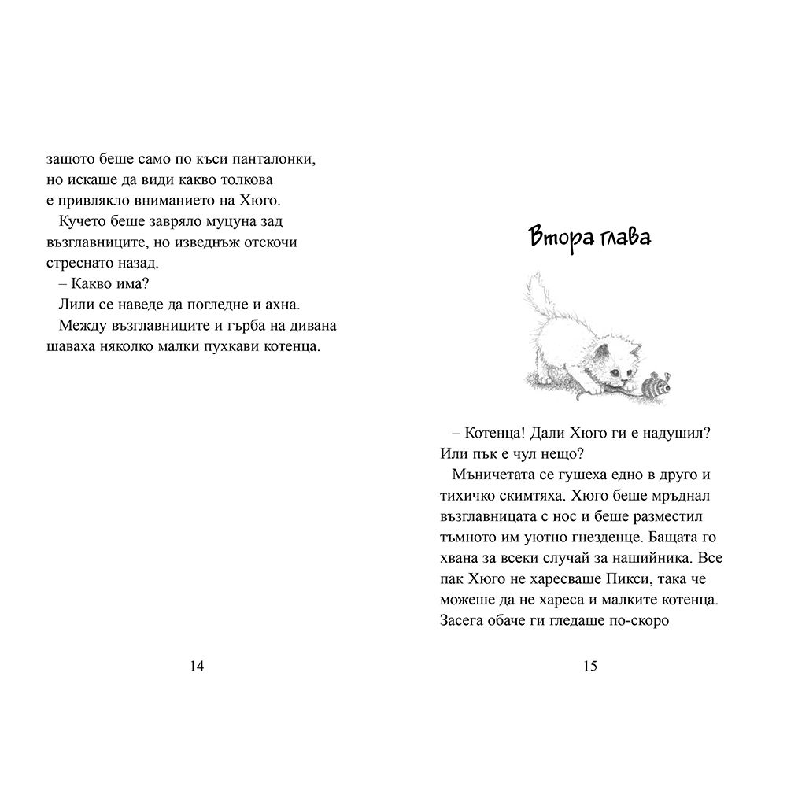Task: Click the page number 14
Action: [x=198, y=667]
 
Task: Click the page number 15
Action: [x=590, y=667]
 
